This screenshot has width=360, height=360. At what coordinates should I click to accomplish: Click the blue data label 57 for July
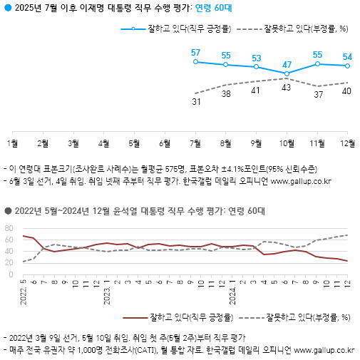[195, 53]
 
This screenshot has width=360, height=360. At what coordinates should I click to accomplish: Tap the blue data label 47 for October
[287, 64]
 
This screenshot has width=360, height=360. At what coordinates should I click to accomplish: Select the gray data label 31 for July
[195, 102]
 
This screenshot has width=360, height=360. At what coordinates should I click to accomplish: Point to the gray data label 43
[287, 87]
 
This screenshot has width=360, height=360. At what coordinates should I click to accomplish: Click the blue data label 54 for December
[348, 56]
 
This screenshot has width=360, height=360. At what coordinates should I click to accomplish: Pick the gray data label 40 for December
[348, 91]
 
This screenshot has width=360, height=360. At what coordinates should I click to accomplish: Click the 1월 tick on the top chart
[12, 143]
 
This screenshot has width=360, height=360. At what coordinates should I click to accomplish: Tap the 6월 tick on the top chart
[165, 143]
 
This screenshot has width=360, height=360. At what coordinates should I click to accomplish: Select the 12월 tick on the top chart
[348, 143]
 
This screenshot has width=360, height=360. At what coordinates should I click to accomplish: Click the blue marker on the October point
[287, 73]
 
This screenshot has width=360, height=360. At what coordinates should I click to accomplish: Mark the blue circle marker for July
[195, 62]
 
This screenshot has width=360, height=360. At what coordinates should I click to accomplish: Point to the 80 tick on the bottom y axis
[9, 228]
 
